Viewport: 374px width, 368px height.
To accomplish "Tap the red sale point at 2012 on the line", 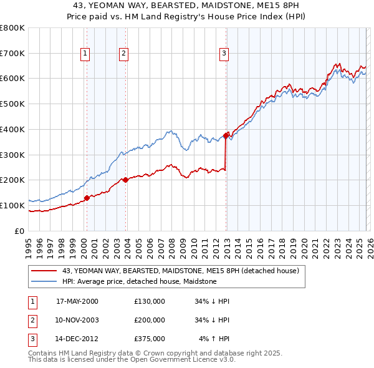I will point(226,135).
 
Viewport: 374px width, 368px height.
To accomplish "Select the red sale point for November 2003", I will point(125,180).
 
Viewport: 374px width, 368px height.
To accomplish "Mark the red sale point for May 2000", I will point(87,198).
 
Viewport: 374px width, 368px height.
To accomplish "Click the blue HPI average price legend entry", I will point(139,281).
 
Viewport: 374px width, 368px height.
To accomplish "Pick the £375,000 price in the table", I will point(150,339).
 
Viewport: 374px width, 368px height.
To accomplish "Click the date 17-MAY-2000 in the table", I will point(77,301).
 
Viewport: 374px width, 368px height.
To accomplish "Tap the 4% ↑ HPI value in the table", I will point(214,339).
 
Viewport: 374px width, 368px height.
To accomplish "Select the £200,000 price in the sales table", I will point(150,320).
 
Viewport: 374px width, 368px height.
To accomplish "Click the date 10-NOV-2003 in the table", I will point(77,320).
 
